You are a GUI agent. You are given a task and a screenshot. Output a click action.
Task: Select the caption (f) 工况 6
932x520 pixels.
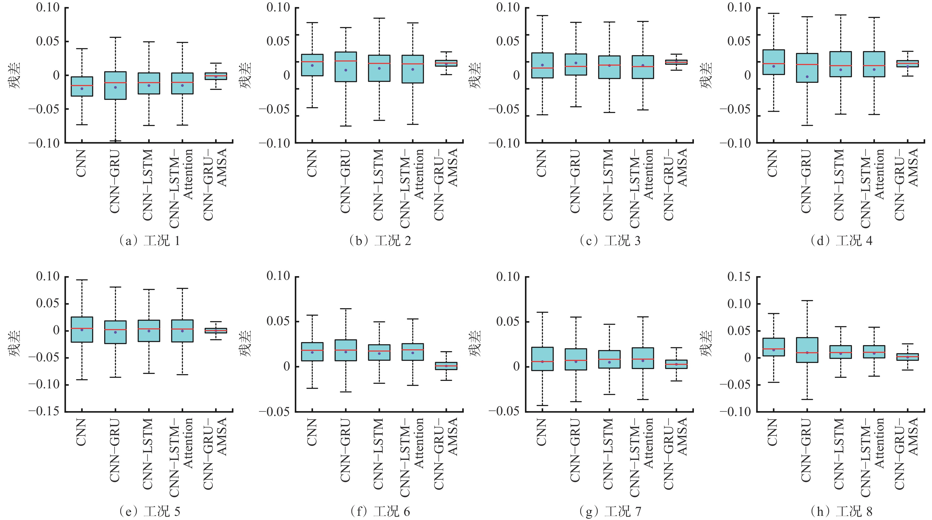pyautogui.click(x=380, y=511)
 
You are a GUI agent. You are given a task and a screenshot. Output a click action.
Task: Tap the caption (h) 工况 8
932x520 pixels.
pyautogui.click(x=841, y=511)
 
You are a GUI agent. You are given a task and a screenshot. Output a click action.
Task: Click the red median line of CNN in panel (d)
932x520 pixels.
pyautogui.click(x=773, y=64)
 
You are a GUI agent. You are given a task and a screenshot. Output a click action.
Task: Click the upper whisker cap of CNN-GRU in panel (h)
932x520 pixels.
pyautogui.click(x=807, y=301)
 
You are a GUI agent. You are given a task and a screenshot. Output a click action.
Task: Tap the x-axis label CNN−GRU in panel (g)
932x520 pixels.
pyautogui.click(x=575, y=451)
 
